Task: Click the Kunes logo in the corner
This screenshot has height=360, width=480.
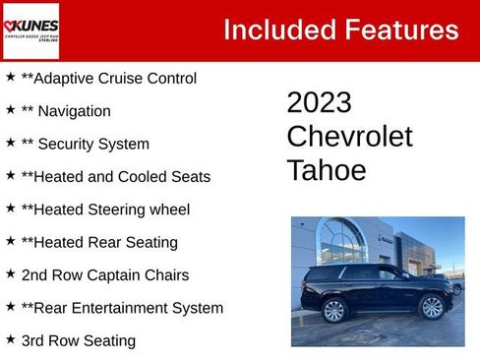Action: click(x=30, y=30)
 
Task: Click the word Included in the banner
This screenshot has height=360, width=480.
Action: click(x=278, y=30)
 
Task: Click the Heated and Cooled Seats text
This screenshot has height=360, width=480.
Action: click(x=115, y=177)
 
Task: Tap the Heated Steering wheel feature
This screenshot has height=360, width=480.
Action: click(x=105, y=210)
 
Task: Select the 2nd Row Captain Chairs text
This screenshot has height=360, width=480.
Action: click(x=104, y=275)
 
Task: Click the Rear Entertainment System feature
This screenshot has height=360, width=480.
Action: click(x=122, y=308)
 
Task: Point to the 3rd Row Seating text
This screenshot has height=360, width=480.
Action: click(x=78, y=340)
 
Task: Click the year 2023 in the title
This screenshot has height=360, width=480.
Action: click(x=319, y=102)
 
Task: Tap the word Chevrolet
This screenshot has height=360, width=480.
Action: click(x=349, y=137)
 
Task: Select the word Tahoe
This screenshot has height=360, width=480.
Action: click(x=327, y=170)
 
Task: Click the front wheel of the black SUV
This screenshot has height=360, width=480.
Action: click(x=433, y=307)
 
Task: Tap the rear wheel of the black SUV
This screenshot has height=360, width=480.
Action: click(x=334, y=310)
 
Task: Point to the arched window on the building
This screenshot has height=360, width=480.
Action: click(x=342, y=242)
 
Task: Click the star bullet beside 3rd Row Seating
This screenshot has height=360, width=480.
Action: click(x=10, y=339)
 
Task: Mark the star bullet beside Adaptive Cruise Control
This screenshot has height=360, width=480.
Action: click(x=10, y=77)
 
